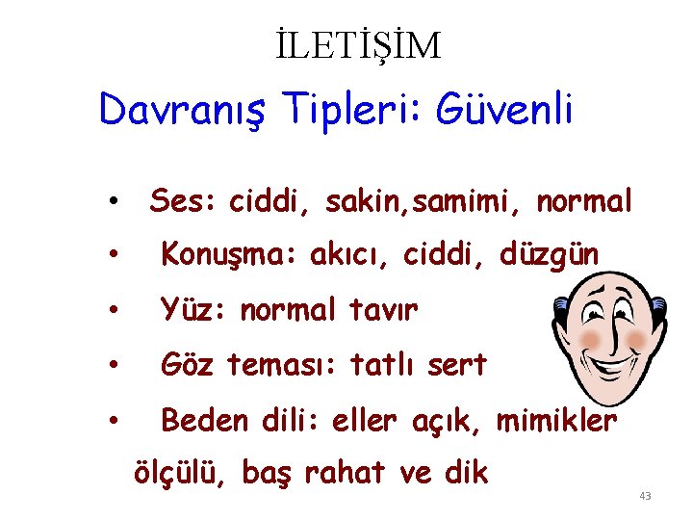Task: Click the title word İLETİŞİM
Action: pyautogui.click(x=356, y=44)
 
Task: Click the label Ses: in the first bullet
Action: pyautogui.click(x=184, y=201)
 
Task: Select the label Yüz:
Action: pyautogui.click(x=193, y=310)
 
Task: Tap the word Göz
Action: pyautogui.click(x=188, y=365)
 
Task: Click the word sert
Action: pyautogui.click(x=456, y=365)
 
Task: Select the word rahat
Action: pyautogui.click(x=346, y=473)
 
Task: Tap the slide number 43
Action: pyautogui.click(x=645, y=496)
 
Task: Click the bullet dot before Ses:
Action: pyautogui.click(x=114, y=203)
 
